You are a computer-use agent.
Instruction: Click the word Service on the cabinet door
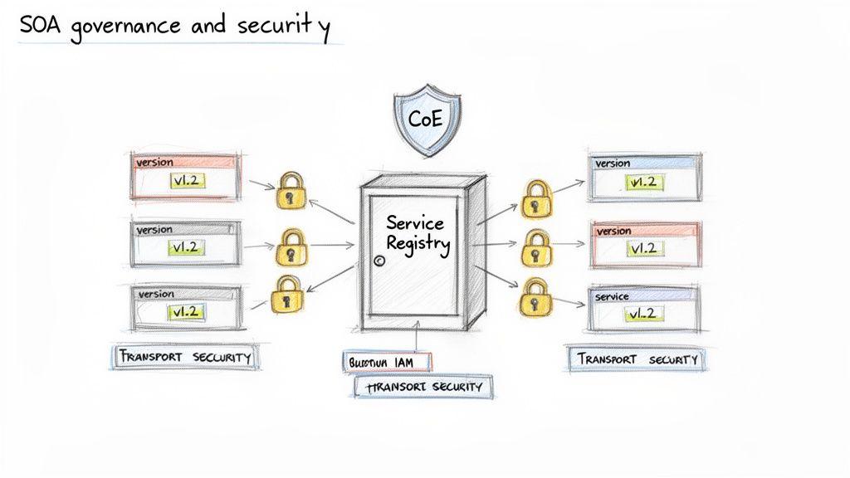pos(414,223)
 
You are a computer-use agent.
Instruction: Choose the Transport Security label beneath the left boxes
pos(184,357)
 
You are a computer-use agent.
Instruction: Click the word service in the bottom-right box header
pos(612,296)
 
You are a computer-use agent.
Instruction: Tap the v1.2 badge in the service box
pos(642,314)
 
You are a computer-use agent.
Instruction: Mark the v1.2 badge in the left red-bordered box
pos(187,181)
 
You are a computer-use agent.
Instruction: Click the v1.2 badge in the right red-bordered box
pos(642,248)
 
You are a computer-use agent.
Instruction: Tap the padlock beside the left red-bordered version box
pos(289,191)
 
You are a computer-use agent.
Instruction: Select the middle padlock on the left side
pos(289,246)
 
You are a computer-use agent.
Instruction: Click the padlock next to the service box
pos(535,296)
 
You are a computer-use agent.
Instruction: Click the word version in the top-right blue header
pos(613,163)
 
